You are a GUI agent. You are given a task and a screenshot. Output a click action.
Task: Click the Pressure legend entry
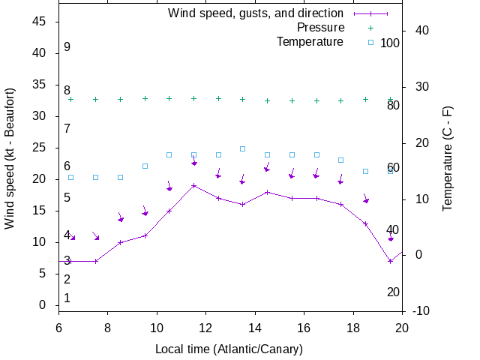320,28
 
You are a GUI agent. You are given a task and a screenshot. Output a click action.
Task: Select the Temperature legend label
310,42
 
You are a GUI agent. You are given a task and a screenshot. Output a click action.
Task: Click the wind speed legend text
255,13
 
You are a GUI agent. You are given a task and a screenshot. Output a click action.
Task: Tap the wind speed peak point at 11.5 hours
193,185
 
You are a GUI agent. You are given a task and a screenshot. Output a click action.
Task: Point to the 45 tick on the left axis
40,22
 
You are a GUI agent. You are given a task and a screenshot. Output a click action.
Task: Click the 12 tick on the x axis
206,328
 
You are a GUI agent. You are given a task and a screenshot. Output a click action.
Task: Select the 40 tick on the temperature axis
421,31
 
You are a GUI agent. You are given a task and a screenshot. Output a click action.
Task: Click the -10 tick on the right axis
421,311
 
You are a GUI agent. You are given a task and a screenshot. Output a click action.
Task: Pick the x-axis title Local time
228,349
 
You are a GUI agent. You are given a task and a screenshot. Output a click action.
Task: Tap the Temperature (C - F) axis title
448,157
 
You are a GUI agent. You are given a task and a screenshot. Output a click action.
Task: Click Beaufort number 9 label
67,47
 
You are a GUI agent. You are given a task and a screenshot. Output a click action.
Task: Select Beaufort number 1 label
67,298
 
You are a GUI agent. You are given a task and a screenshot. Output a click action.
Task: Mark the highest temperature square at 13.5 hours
242,148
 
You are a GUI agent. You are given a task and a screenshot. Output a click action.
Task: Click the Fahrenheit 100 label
390,43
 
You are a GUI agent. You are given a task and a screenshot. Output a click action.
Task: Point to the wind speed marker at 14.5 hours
267,192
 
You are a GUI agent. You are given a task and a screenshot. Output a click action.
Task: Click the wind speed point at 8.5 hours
120,242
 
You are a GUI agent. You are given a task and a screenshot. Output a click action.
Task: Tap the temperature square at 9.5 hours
145,166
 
